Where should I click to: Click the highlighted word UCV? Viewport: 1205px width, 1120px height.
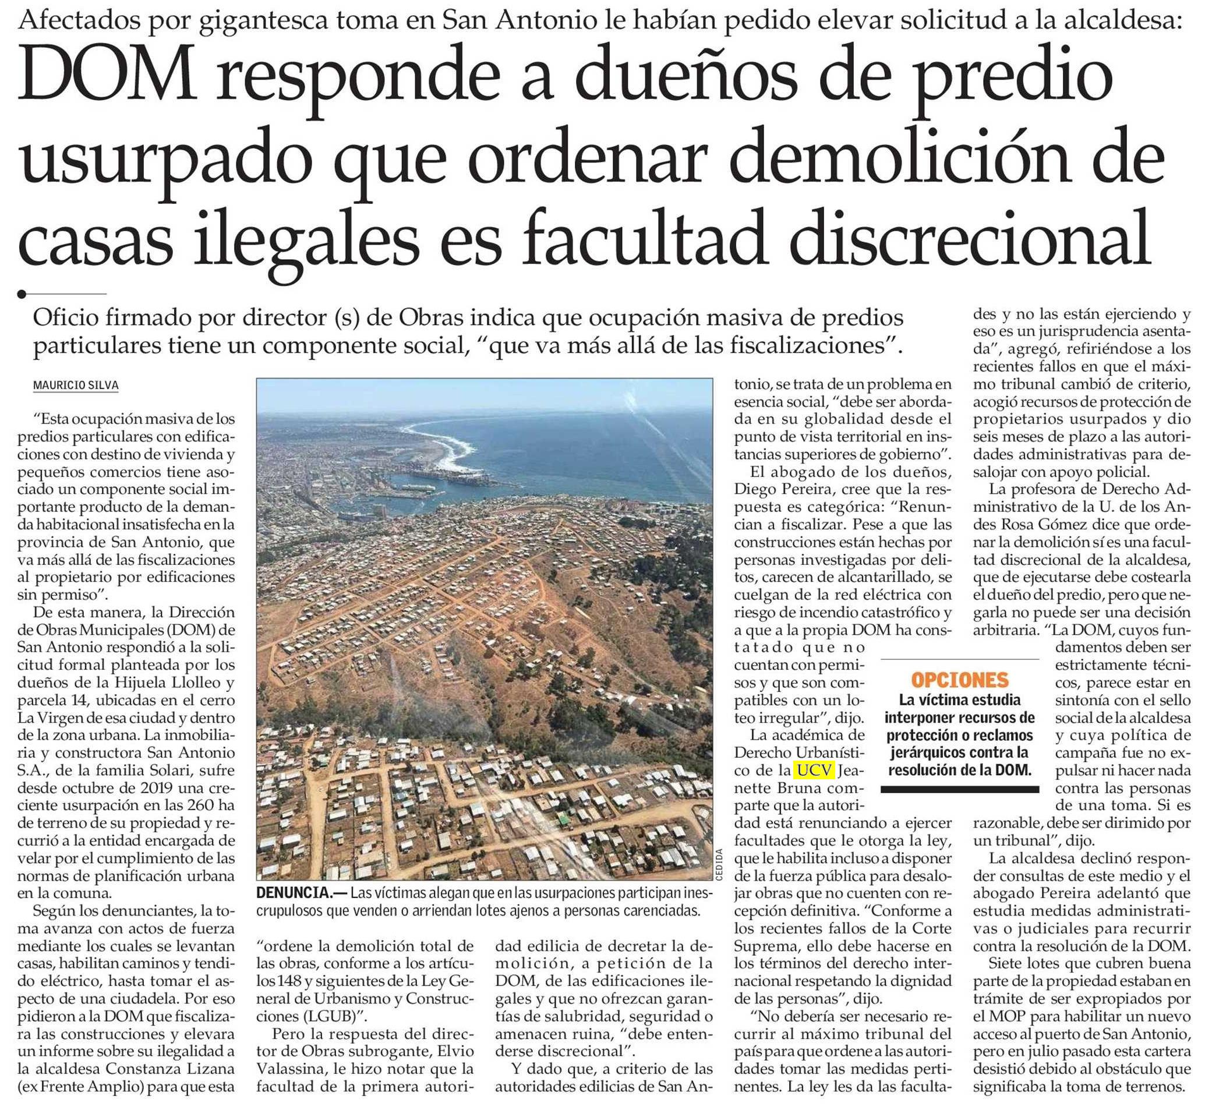click(x=814, y=771)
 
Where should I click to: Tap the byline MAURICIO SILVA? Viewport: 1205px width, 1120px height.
click(x=76, y=386)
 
